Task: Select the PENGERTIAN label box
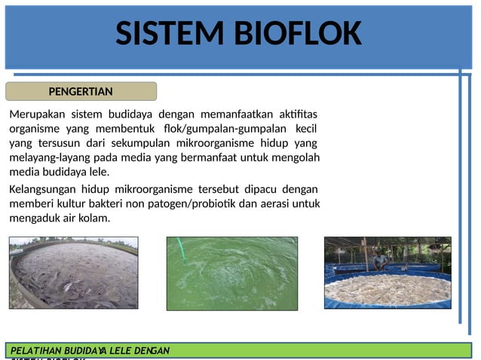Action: (81, 92)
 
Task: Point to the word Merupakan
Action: (37, 114)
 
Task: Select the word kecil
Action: (305, 129)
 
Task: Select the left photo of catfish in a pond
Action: (74, 273)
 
